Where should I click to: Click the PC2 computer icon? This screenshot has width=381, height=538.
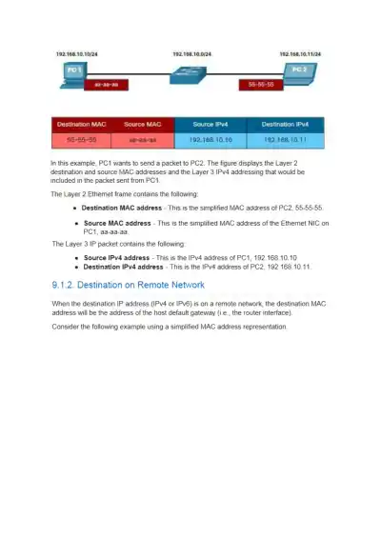point(299,74)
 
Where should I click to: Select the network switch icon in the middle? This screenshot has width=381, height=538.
point(194,75)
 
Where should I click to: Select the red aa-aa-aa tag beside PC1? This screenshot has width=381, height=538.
point(102,85)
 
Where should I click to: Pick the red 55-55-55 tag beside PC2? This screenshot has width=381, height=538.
point(260,85)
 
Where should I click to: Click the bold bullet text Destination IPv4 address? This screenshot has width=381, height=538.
point(123,267)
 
